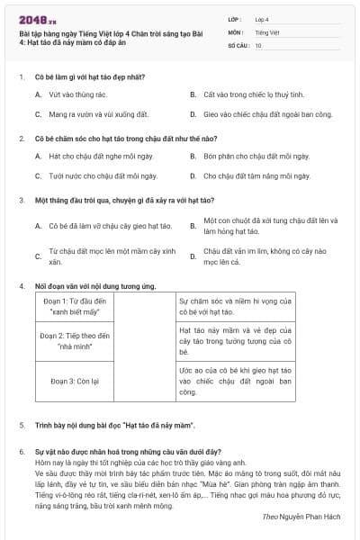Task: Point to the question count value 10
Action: pyautogui.click(x=258, y=44)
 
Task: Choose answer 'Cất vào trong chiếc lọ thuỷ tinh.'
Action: pyautogui.click(x=244, y=93)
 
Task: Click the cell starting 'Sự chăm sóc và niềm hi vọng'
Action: pyautogui.click(x=235, y=306)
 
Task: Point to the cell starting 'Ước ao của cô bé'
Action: pyautogui.click(x=235, y=381)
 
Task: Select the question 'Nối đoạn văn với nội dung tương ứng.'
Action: pyautogui.click(x=95, y=286)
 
